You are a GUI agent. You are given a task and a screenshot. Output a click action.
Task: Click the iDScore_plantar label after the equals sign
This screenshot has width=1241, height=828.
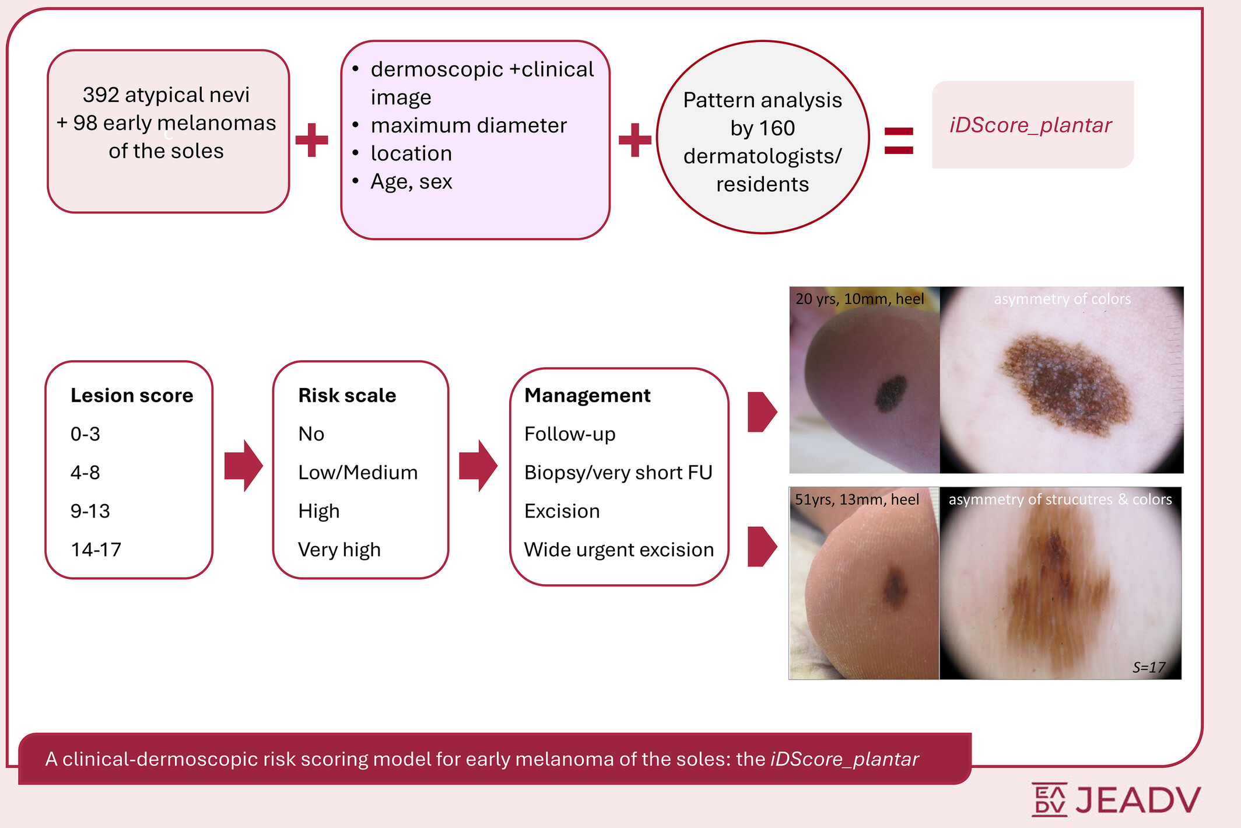(x=1030, y=125)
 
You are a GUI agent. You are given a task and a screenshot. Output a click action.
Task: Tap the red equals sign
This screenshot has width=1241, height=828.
(x=899, y=141)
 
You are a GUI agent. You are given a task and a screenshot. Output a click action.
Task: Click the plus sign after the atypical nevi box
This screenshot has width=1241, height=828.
(x=312, y=140)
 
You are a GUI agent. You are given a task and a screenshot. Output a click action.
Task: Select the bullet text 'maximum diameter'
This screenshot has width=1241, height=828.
(x=468, y=125)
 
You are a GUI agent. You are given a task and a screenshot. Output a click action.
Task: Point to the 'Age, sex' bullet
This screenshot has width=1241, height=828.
(x=411, y=181)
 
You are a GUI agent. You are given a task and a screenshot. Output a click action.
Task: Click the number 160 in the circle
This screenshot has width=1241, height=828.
(x=777, y=128)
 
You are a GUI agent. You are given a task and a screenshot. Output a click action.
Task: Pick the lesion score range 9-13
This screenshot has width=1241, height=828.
(x=90, y=511)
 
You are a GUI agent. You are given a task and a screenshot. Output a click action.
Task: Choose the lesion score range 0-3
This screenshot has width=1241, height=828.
(x=85, y=434)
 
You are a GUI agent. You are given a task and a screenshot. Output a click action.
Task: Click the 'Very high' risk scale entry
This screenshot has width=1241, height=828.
(x=339, y=550)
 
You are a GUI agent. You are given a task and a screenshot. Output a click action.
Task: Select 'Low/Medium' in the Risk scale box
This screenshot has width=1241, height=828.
(x=357, y=473)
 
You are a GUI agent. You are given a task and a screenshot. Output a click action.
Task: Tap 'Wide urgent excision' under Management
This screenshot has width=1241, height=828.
(x=619, y=550)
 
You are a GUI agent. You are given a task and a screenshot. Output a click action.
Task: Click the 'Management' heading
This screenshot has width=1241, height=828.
(x=587, y=396)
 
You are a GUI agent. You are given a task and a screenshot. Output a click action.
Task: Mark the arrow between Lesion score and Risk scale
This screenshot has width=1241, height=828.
(x=243, y=466)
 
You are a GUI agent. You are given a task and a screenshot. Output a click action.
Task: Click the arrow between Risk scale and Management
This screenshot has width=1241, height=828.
(x=478, y=466)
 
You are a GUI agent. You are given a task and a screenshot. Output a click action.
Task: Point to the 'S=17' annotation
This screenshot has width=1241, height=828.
(x=1148, y=667)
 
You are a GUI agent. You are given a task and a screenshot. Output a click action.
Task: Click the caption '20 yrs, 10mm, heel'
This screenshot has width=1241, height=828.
(x=860, y=299)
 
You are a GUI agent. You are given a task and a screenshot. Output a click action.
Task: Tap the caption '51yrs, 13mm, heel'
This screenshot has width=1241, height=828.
(x=857, y=499)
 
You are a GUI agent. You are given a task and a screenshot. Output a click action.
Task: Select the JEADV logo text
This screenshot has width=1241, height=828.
(x=1137, y=800)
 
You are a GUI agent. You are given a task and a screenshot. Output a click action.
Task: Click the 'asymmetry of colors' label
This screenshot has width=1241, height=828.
(x=1062, y=299)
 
